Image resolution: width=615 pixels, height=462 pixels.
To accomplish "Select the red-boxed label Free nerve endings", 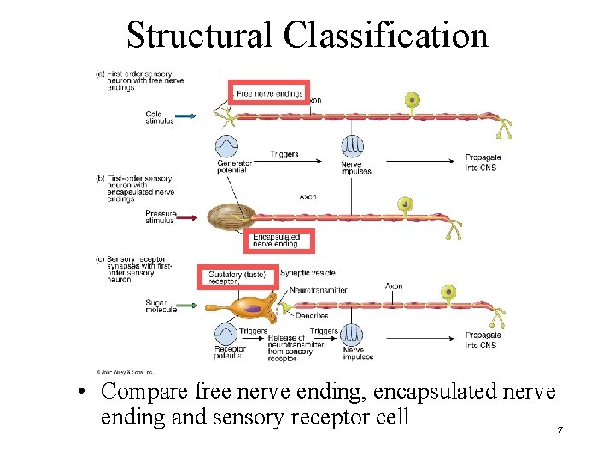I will [x=269, y=93].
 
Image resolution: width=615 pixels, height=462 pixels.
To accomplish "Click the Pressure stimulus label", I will [x=160, y=216].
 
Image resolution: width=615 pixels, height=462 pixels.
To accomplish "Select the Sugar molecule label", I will [x=160, y=306].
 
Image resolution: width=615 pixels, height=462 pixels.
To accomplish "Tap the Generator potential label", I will [x=233, y=166].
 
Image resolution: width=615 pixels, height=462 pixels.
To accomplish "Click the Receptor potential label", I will [x=231, y=352].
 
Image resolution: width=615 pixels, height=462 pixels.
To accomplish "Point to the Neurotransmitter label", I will [x=318, y=290].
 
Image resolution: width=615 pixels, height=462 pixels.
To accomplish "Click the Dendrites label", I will [x=312, y=316].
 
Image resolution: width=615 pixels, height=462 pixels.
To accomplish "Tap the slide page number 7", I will [x=559, y=431].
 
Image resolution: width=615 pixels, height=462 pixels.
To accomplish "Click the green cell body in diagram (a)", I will [x=413, y=100].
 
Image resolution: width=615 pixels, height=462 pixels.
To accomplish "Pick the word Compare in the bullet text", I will [x=145, y=392].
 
